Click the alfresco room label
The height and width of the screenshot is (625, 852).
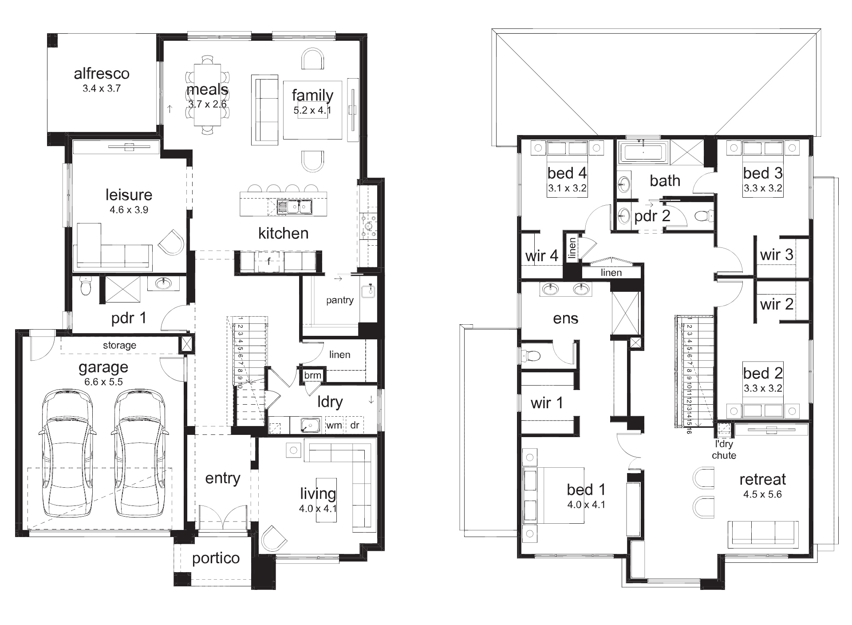pyautogui.click(x=102, y=73)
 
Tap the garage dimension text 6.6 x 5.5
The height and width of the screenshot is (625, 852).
pyautogui.click(x=103, y=382)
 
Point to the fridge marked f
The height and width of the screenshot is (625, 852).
pyautogui.click(x=269, y=261)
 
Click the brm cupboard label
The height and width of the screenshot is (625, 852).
pyautogui.click(x=312, y=375)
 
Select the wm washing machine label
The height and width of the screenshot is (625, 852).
pyautogui.click(x=334, y=425)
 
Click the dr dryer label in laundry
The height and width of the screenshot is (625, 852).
pyautogui.click(x=355, y=425)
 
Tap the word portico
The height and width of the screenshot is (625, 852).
pyautogui.click(x=216, y=558)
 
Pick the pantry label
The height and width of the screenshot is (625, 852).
pyautogui.click(x=339, y=300)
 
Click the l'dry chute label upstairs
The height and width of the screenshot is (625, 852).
pyautogui.click(x=724, y=450)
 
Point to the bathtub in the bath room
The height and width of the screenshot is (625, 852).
pyautogui.click(x=643, y=152)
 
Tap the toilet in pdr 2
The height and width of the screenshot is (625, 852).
pyautogui.click(x=703, y=216)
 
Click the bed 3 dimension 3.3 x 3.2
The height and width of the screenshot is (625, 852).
pyautogui.click(x=762, y=188)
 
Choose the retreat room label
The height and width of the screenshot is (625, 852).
pyautogui.click(x=762, y=479)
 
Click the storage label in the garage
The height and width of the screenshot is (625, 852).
pyautogui.click(x=119, y=345)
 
